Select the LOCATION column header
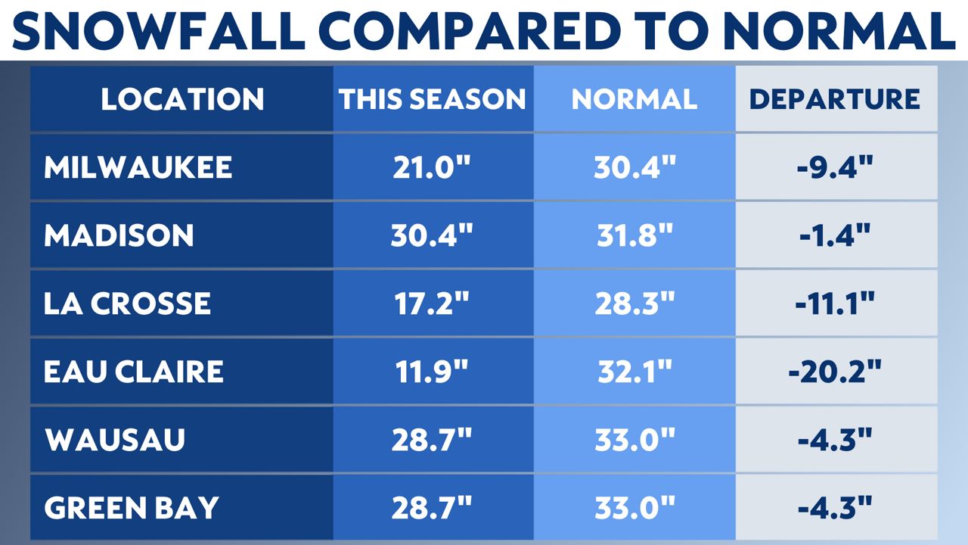click(182, 99)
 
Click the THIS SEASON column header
click(432, 99)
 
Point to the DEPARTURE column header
click(835, 99)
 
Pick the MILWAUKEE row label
click(138, 167)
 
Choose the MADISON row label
click(119, 235)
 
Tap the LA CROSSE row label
click(127, 304)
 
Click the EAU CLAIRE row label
click(134, 372)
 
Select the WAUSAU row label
click(115, 440)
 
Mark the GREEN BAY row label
click(131, 508)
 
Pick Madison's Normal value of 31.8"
click(634, 235)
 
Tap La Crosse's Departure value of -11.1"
click(836, 304)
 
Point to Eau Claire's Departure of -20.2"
click(836, 372)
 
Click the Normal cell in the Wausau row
click(634, 440)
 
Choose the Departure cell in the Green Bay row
click(836, 508)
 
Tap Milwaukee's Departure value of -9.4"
click(836, 167)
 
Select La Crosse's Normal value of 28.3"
click(634, 304)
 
